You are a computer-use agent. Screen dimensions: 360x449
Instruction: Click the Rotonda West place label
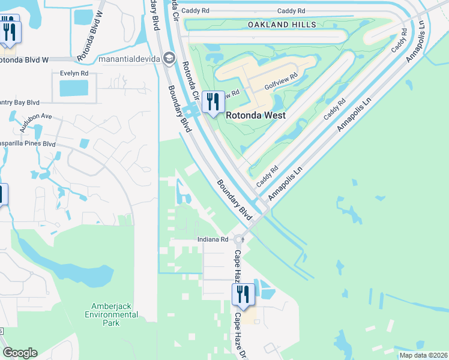tap(255, 115)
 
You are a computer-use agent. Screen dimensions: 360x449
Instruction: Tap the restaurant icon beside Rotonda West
tap(212, 102)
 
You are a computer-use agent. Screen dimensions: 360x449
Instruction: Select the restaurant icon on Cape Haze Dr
tap(243, 294)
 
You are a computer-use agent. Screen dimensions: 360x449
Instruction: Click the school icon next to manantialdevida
tap(170, 58)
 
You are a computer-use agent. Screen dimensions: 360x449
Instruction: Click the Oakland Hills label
tap(282, 25)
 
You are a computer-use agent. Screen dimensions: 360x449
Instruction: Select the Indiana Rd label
tap(213, 239)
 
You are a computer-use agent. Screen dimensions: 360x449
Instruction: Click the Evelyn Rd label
tap(74, 73)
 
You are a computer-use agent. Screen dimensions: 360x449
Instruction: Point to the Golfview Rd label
tap(282, 87)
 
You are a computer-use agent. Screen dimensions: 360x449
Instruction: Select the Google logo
tap(19, 353)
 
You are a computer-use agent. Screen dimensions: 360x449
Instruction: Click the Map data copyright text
tap(423, 355)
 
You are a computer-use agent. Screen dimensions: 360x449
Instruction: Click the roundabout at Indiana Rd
tap(238, 239)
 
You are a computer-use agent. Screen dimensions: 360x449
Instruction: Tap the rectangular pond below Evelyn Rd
tap(73, 89)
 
